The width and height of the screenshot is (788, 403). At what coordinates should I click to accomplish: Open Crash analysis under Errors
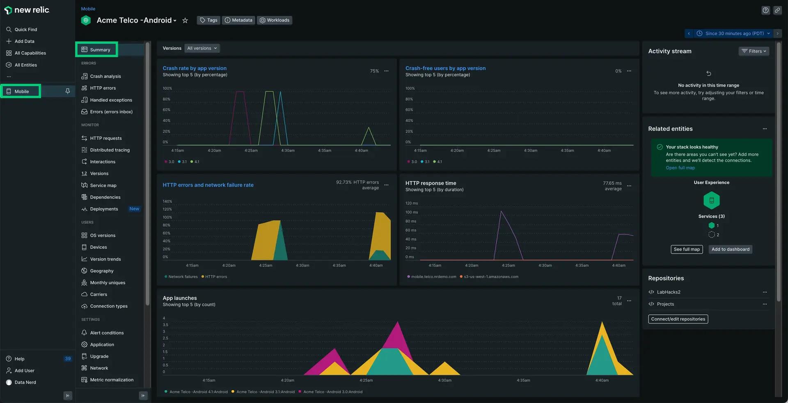(105, 76)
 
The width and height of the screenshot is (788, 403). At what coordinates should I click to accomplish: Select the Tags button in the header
(208, 20)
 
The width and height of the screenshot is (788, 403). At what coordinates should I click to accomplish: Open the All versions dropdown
(202, 48)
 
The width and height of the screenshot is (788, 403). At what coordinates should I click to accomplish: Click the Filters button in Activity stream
(754, 51)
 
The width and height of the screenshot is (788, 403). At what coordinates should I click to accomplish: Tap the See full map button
(687, 249)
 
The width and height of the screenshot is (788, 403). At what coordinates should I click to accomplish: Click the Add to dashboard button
(730, 249)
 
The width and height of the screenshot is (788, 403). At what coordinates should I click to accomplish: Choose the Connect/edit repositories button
(678, 319)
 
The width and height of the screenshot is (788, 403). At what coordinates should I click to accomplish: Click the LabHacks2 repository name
(668, 292)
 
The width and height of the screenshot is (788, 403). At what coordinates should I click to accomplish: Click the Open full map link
(680, 168)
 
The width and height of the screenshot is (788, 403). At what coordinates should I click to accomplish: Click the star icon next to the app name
(185, 20)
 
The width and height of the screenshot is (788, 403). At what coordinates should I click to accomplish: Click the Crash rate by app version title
(194, 68)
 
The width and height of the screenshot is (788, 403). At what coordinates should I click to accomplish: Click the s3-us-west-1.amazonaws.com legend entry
(490, 277)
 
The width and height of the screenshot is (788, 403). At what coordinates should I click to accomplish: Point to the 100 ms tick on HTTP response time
(411, 212)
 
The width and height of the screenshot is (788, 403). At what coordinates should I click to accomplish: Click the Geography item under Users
(101, 271)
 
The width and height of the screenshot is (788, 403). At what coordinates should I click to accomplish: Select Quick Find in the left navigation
(25, 30)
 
